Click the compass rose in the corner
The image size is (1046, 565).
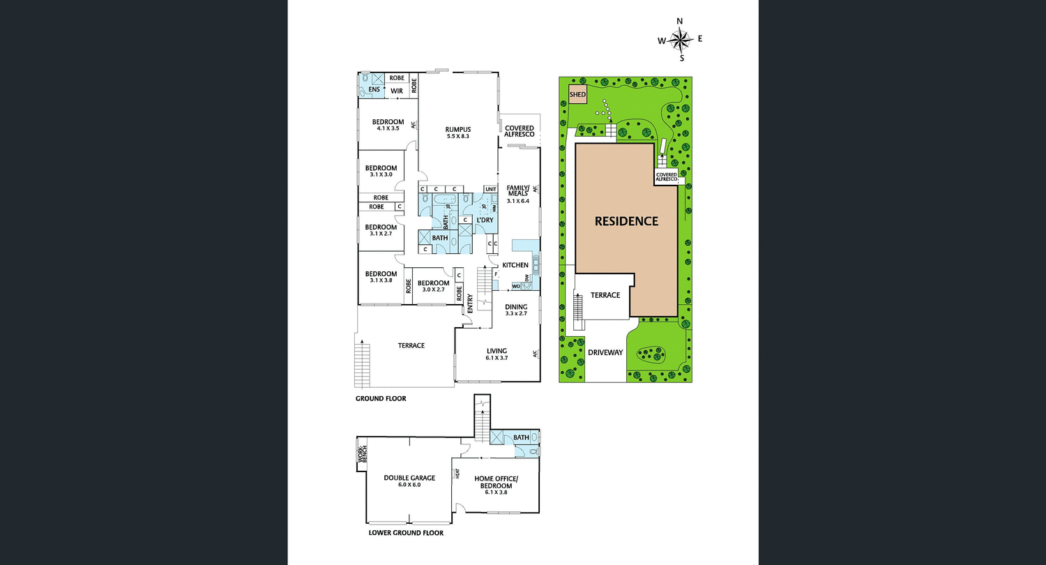680,40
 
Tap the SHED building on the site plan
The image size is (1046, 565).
578,95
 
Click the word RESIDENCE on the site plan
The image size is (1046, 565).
626,221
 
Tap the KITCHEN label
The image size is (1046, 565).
515,265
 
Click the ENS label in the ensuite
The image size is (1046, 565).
374,90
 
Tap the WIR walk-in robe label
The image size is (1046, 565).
397,90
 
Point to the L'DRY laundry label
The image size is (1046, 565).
485,220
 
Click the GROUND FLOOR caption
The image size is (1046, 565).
381,399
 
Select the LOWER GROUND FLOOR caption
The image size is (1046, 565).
405,533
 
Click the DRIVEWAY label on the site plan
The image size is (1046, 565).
605,352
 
